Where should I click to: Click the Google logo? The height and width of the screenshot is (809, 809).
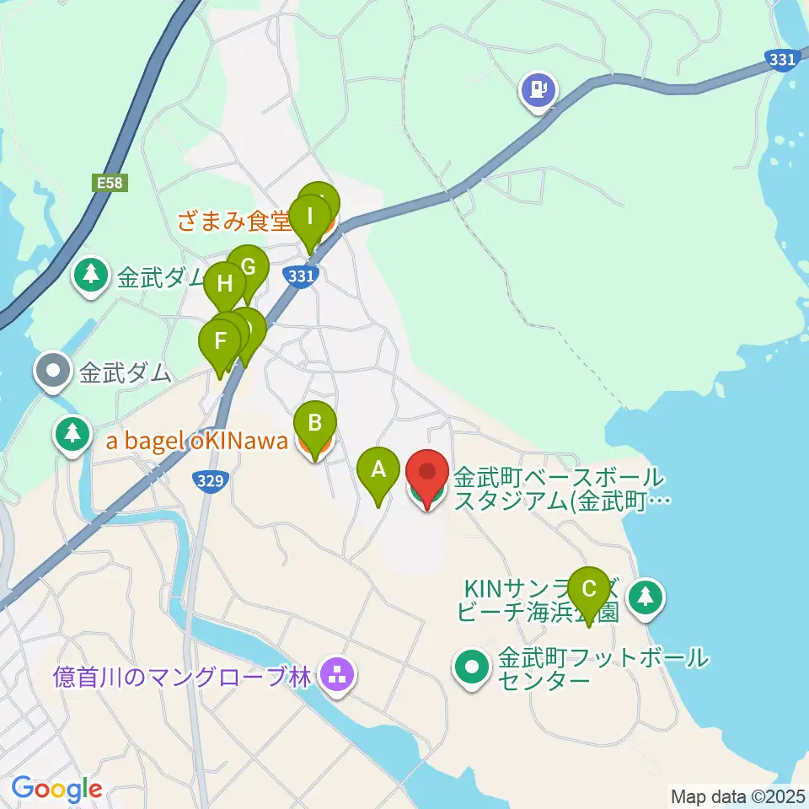pyautogui.click(x=56, y=789)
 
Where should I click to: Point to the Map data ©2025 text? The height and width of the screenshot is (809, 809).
pyautogui.click(x=738, y=796)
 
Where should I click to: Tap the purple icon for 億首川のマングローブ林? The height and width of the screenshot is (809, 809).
pyautogui.click(x=339, y=675)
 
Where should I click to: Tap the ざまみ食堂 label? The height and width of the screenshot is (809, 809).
pyautogui.click(x=233, y=222)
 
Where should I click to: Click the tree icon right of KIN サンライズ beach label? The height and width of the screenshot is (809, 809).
pyautogui.click(x=646, y=597)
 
